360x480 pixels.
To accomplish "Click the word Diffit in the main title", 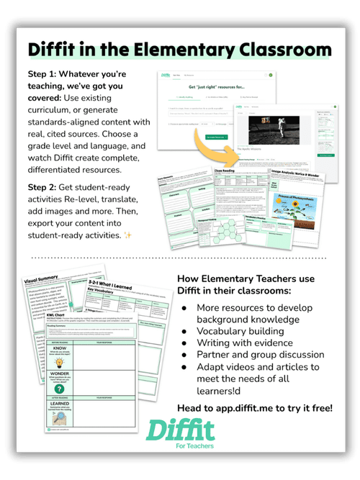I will [55, 49].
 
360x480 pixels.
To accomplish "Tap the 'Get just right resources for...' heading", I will [216, 87].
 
